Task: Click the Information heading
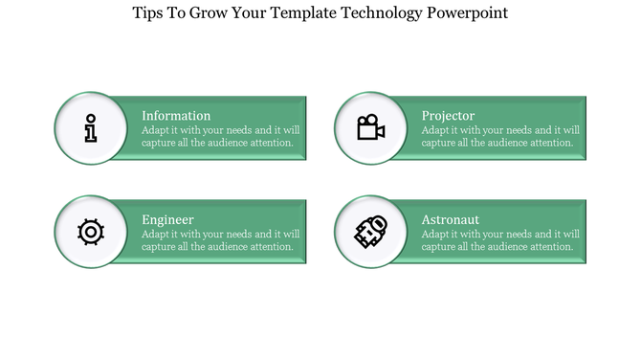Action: [176, 116]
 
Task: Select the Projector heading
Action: [448, 116]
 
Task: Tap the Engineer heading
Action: [167, 219]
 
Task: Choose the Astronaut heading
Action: [451, 219]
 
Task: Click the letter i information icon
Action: [90, 127]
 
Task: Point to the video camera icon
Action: [370, 127]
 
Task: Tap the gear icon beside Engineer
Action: [90, 231]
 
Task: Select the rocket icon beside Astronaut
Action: [370, 231]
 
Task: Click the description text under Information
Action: [220, 136]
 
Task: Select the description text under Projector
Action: [500, 136]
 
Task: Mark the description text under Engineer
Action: [220, 239]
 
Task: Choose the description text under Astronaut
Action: [500, 239]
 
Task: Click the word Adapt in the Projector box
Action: [436, 130]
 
